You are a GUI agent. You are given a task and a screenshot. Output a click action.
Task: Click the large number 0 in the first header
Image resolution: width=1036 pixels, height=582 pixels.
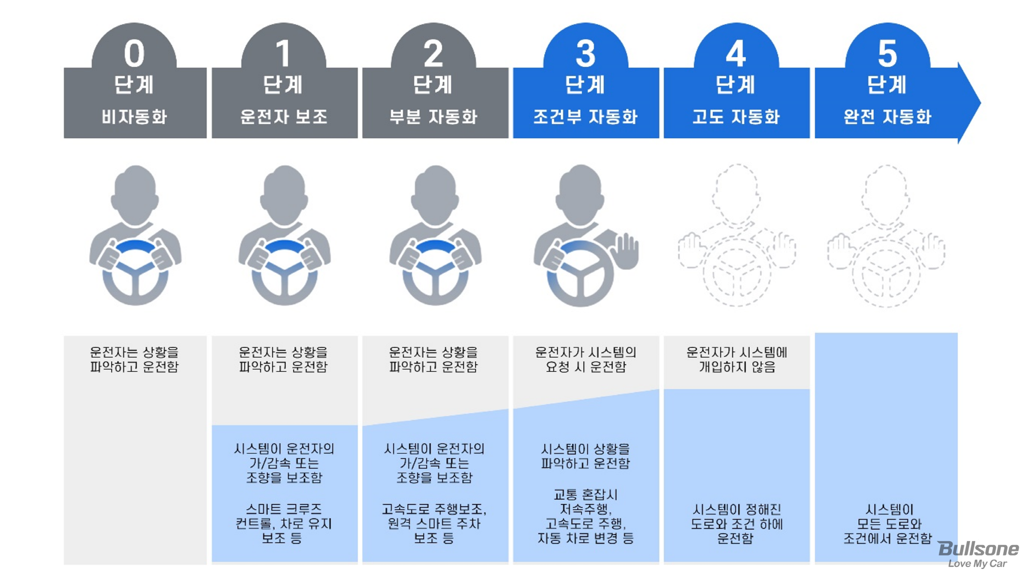tap(134, 54)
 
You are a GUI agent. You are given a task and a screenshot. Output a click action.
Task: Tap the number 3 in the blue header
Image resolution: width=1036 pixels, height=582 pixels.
tap(585, 54)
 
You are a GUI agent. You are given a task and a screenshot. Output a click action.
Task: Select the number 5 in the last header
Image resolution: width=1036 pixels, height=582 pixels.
tap(887, 54)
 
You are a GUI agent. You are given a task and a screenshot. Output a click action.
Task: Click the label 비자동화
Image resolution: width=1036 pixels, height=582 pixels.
tap(134, 116)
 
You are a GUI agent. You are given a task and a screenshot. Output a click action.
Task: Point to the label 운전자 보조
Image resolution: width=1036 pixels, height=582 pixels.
tap(284, 116)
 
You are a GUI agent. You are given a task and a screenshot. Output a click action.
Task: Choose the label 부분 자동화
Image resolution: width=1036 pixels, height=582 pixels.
tap(434, 116)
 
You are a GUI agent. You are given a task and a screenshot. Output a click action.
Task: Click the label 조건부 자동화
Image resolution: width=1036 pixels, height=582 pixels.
tap(585, 116)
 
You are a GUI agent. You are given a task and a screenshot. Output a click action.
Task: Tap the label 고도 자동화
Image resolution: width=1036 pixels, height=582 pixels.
tap(736, 116)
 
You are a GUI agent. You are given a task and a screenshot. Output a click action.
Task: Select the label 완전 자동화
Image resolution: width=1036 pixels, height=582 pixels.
tap(887, 116)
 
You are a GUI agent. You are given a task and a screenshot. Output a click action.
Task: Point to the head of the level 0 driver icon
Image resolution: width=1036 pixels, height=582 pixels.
tap(135, 195)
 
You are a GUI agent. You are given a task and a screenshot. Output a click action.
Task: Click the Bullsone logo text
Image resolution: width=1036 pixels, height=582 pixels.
tap(978, 549)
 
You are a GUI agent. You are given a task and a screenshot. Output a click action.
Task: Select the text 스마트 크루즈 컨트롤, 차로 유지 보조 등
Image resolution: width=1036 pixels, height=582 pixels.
tap(284, 523)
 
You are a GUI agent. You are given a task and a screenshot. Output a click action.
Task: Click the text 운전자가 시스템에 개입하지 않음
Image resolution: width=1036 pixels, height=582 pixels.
tap(736, 360)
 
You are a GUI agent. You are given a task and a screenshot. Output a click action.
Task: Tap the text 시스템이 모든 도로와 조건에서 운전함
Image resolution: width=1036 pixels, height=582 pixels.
tap(887, 523)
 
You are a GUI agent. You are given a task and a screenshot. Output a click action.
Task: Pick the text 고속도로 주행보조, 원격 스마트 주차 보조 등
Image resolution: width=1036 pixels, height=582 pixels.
tap(434, 523)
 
